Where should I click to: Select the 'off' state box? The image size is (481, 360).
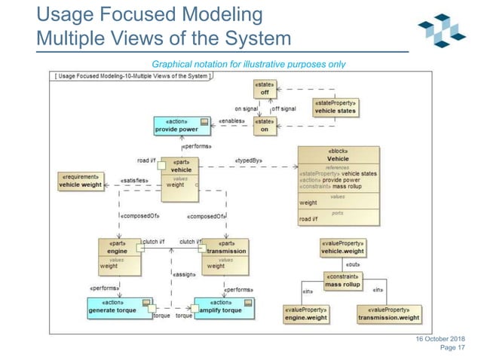265,89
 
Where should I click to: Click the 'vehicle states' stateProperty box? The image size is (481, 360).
335,107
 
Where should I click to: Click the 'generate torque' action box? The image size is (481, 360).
121,307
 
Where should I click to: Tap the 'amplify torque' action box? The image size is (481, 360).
224,307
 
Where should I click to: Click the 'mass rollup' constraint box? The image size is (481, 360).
345,282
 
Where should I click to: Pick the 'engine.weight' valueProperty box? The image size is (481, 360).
305,314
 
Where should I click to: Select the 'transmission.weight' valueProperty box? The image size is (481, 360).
388,314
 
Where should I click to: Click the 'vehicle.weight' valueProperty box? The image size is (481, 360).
343,248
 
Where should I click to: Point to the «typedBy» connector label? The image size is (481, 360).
248,160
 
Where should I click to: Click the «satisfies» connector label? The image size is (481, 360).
133,181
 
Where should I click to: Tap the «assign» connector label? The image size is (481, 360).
185,274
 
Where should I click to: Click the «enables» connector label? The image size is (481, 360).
231,121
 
